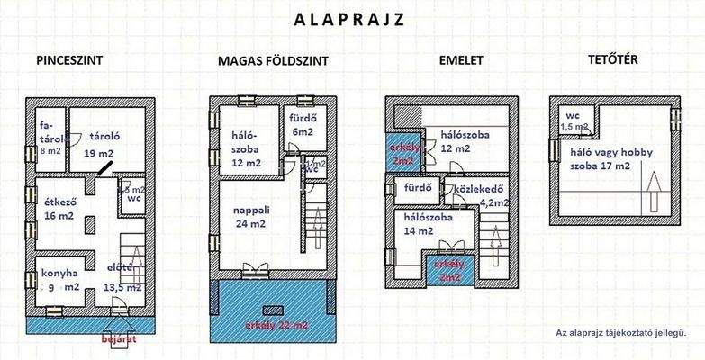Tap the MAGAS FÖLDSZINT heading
(273, 61)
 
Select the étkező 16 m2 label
(56, 209)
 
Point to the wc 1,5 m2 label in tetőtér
(573, 121)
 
